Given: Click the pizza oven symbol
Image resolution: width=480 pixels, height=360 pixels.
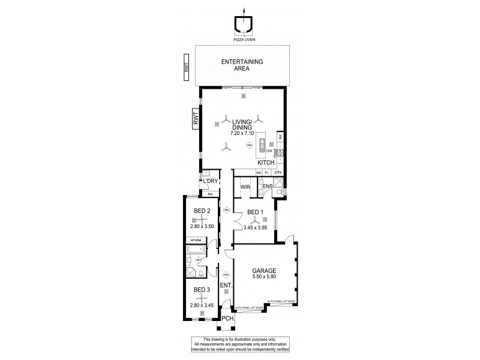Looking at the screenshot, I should [244, 26].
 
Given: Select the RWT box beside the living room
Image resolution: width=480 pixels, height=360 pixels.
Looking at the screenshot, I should [196, 121].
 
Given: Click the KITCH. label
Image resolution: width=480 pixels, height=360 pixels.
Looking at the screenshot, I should [266, 163].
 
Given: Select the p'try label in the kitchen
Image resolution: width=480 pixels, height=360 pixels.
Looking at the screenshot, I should [278, 173].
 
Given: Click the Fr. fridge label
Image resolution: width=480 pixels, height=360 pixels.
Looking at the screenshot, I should [267, 173].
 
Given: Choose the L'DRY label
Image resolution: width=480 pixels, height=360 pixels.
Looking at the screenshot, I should [209, 181].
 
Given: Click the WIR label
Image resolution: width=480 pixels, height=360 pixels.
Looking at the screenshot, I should [245, 187].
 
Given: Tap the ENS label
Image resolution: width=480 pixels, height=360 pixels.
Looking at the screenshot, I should [268, 187].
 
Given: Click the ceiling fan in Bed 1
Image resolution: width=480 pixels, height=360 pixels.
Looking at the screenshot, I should [255, 221].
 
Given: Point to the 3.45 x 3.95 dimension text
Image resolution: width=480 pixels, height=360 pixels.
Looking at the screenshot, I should [255, 228].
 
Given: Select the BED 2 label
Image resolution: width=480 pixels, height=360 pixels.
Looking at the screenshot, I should [202, 211].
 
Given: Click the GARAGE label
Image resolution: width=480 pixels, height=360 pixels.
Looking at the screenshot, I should [264, 271].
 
